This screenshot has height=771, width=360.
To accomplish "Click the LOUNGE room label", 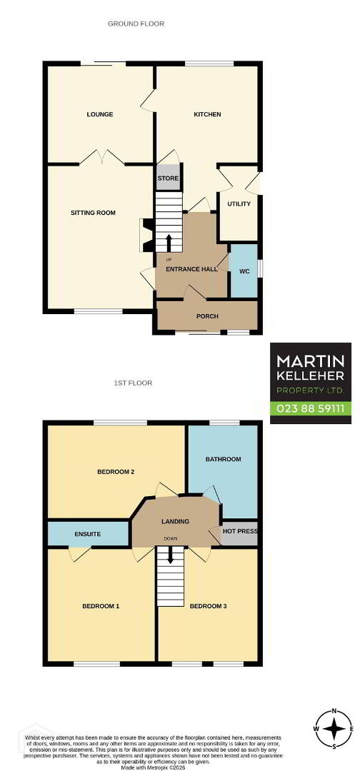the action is click(x=100, y=114).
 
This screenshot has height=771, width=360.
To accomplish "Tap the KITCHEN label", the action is click(x=207, y=114).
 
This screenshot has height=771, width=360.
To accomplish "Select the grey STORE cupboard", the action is click(x=168, y=178).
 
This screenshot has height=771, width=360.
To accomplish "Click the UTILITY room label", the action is click(x=239, y=203).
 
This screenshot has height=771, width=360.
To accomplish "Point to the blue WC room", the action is click(x=244, y=271).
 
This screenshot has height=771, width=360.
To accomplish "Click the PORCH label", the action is click(x=207, y=316).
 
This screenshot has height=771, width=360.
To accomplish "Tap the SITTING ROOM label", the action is click(x=93, y=213).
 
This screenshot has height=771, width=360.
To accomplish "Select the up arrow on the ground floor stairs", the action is click(x=169, y=243).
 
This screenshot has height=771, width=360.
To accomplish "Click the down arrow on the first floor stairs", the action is click(x=171, y=555).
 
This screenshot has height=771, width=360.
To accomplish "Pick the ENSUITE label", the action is click(x=88, y=533).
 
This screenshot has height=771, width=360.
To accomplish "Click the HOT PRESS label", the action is click(x=241, y=532).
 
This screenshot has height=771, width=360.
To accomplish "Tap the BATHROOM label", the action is click(x=224, y=459).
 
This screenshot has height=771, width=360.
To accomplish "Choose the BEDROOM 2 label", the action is click(x=116, y=472).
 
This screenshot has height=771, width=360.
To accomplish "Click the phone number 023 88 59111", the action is click(x=310, y=408).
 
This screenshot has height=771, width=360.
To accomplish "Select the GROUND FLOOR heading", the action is click(x=136, y=24).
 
